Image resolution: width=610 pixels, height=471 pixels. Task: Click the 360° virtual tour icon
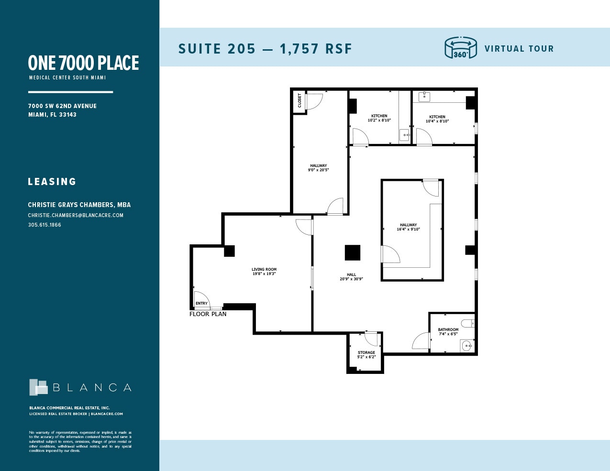point(460,48)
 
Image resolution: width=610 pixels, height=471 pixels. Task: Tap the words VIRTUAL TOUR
point(519,49)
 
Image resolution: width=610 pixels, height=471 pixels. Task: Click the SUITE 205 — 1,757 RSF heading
point(265,49)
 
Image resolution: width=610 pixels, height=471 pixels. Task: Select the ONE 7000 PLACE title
point(83,63)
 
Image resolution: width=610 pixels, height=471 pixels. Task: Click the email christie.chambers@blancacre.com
point(76,215)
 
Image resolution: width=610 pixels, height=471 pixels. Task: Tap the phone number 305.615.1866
point(44,225)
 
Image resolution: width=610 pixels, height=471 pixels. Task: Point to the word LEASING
point(52,182)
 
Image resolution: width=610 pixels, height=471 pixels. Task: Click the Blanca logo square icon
point(38,387)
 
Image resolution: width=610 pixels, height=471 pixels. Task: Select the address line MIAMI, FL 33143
point(52,115)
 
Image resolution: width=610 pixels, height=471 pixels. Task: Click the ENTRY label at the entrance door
point(202,303)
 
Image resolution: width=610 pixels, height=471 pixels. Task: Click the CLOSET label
point(300,100)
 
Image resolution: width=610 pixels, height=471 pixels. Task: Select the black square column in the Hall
point(353,252)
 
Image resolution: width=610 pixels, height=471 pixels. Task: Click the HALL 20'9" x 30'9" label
point(352,277)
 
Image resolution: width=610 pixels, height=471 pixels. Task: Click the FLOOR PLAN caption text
point(208,314)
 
